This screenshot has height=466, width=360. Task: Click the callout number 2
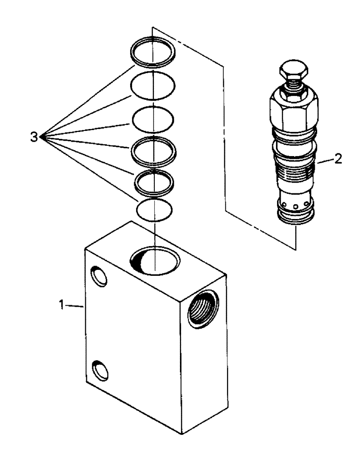[x=338, y=159]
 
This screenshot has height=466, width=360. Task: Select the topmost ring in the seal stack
[x=153, y=50]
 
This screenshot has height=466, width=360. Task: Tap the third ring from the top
[x=153, y=119]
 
